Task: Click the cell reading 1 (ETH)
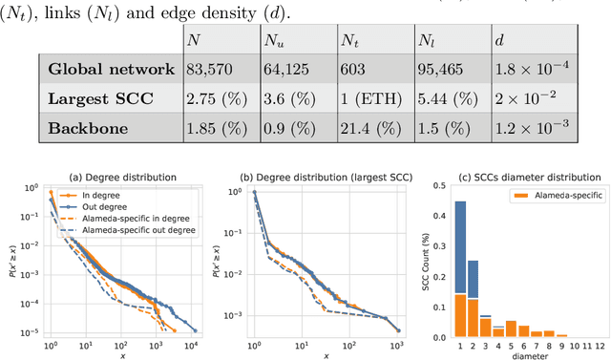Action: pyautogui.click(x=369, y=98)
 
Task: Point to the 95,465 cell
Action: pyautogui.click(x=443, y=69)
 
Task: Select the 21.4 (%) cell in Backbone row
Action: pyautogui.click(x=370, y=129)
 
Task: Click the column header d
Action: pyautogui.click(x=498, y=40)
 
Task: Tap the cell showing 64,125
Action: pyautogui.click(x=288, y=69)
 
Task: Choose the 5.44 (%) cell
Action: pyautogui.click(x=445, y=98)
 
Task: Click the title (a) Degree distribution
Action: pyautogui.click(x=123, y=177)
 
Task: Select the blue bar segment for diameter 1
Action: pyautogui.click(x=460, y=246)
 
